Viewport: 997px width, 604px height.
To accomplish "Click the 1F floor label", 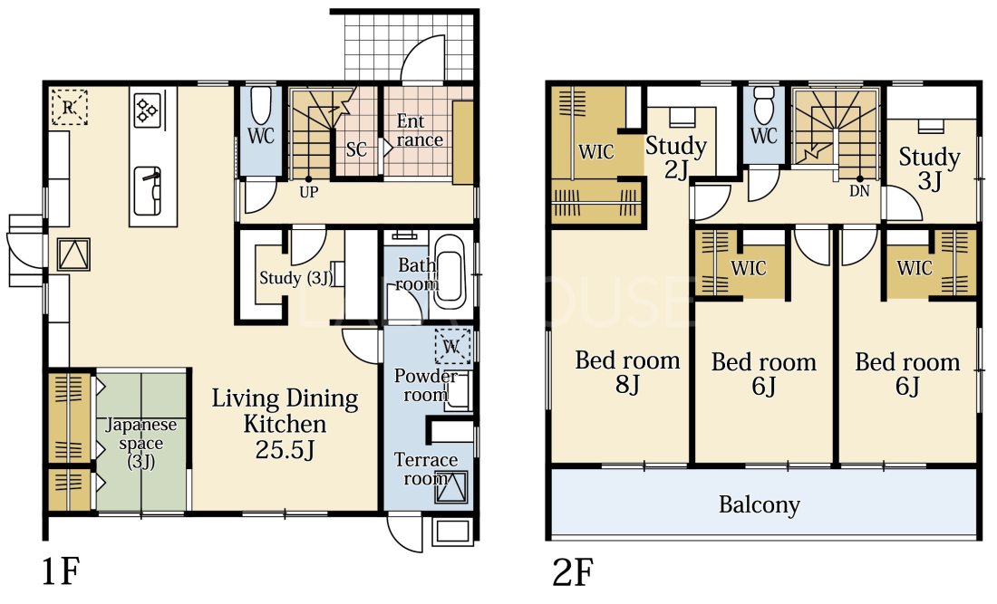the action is pos(61,571).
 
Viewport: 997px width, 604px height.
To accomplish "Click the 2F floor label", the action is pos(573,571).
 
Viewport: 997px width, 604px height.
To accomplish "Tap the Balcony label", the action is pos(760,505).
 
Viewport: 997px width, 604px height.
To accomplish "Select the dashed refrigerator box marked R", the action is pos(69,108).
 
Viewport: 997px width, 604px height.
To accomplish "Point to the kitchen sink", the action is pos(148,191).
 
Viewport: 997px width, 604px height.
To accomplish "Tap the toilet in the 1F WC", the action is pos(261,106).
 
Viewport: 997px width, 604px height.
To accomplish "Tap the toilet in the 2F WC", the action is pos(764,105).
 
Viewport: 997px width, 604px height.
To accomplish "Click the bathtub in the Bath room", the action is pos(450,268).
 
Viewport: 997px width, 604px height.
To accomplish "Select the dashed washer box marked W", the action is pos(452,346).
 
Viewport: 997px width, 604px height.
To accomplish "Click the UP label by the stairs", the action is pos(309,192).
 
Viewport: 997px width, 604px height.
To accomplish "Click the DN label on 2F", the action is pos(859,190).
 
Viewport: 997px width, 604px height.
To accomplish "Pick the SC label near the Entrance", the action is pos(357,150).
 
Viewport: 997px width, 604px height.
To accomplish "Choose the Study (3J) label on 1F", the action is pos(296,278).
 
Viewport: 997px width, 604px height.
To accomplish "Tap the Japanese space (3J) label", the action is pos(141,443).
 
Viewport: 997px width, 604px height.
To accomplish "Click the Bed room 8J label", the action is pos(627,372).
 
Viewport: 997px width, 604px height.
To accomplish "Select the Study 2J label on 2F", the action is pos(676,158).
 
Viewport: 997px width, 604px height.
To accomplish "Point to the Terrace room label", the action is pos(426,469).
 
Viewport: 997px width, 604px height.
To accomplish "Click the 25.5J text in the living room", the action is pos(286,450).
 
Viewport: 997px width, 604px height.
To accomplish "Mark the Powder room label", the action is pos(426,385).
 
